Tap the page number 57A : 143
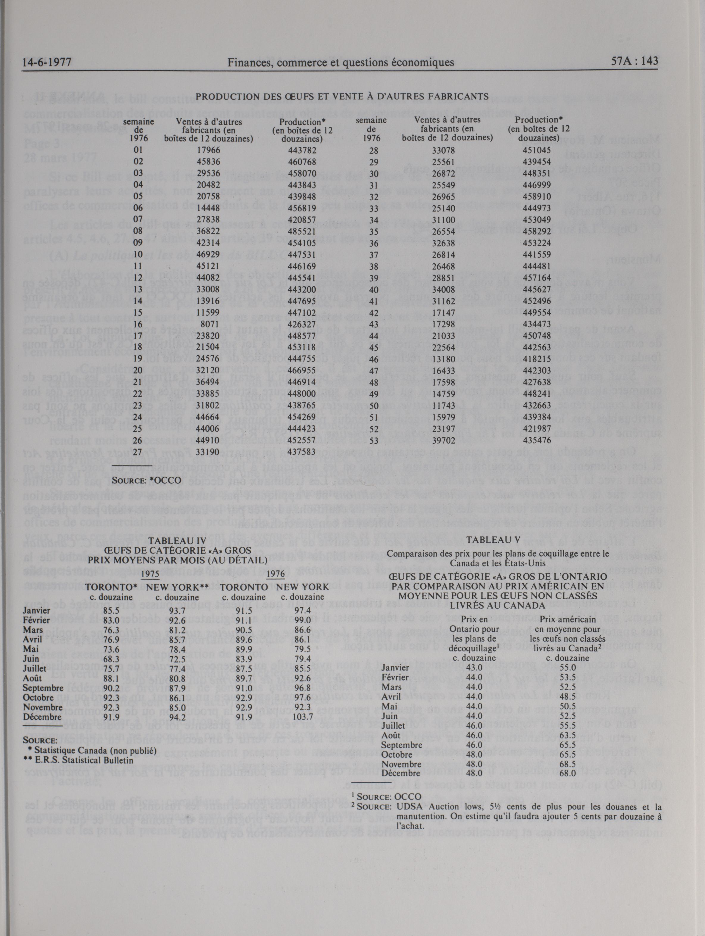pos(634,61)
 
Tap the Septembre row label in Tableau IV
pos(43,688)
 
